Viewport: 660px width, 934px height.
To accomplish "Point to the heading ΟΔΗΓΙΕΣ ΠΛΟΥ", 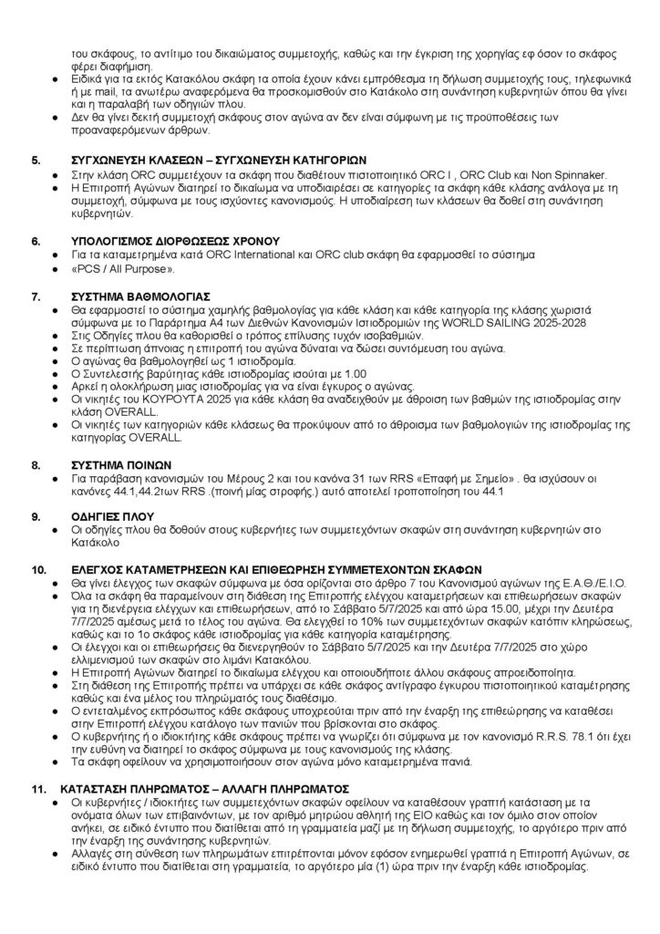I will tap(105, 515).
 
